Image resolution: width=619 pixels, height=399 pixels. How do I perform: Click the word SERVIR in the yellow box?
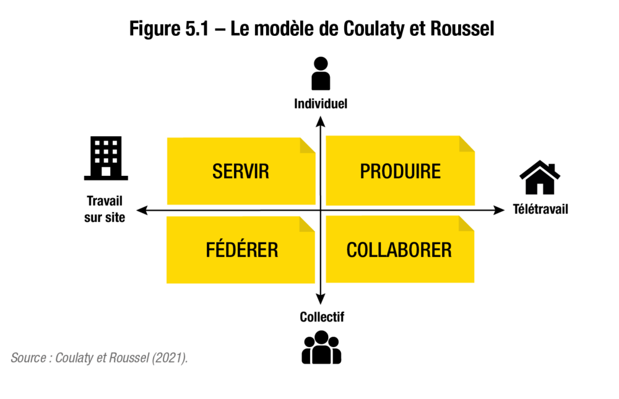[240, 172]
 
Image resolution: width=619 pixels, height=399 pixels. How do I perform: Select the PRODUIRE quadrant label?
[400, 172]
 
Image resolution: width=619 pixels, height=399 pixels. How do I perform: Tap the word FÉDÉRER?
[242, 249]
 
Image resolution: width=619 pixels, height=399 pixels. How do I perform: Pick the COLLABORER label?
[399, 250]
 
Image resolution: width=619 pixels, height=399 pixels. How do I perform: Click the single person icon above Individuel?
[321, 74]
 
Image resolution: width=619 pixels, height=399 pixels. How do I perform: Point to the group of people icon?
[321, 347]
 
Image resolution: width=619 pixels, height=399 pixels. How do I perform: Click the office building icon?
[106, 158]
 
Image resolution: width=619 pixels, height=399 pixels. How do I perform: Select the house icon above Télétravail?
[540, 177]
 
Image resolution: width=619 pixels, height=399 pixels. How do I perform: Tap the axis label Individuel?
[321, 104]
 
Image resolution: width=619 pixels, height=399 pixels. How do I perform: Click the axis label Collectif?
[322, 317]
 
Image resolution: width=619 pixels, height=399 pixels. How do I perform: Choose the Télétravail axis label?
[540, 209]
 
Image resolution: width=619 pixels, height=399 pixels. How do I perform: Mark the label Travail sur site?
[105, 209]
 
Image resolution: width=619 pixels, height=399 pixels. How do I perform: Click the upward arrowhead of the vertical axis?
[321, 121]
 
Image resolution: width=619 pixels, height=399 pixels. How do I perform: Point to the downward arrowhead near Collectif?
[321, 299]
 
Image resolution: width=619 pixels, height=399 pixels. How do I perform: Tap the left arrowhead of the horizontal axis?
[142, 210]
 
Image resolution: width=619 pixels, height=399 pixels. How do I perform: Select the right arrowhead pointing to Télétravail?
[500, 210]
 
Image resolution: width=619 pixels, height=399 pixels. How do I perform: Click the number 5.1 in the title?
[197, 28]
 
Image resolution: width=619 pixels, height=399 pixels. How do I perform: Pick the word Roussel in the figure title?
[462, 28]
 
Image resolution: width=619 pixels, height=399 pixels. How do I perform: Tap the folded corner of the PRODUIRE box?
[467, 144]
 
